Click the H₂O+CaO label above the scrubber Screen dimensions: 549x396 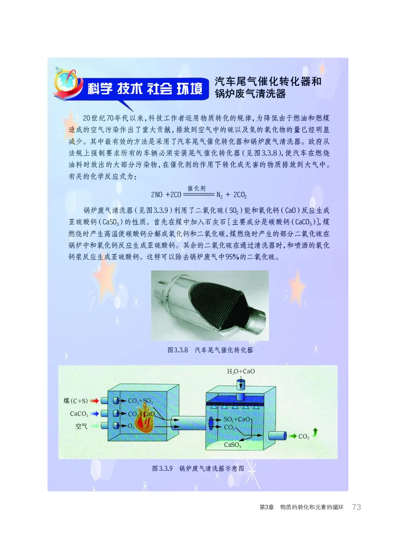(x=241, y=371)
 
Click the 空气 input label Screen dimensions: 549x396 (x=81, y=426)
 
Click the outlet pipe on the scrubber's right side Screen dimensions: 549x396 (x=277, y=436)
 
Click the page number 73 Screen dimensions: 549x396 (x=357, y=507)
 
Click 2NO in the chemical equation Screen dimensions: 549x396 (x=158, y=194)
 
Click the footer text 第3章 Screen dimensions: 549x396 (x=267, y=507)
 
